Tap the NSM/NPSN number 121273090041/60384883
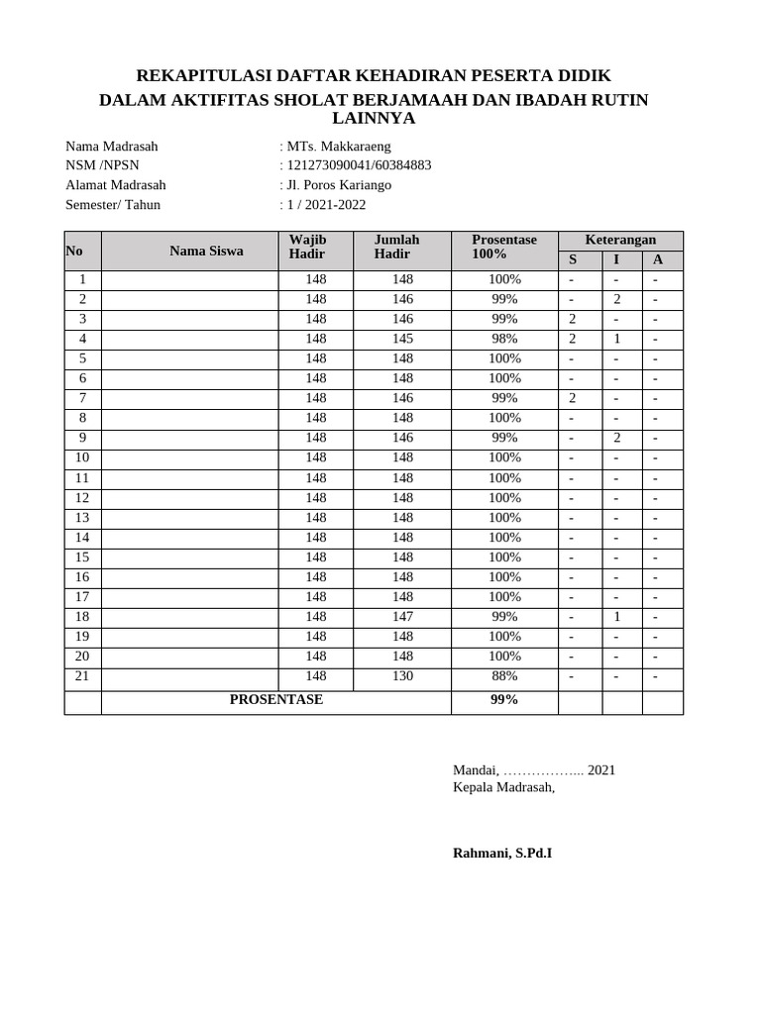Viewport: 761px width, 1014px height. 358,165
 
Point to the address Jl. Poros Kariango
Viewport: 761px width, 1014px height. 338,185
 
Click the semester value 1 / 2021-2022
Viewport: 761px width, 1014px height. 325,205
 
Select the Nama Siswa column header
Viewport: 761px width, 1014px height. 206,251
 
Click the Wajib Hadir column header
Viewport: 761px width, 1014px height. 307,248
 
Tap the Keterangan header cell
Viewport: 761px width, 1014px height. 620,241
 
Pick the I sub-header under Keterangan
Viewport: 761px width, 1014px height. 616,260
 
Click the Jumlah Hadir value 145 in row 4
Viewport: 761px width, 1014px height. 402,339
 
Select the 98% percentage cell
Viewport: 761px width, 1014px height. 504,339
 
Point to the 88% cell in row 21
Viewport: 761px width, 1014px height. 504,675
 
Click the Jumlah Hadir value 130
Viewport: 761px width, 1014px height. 402,675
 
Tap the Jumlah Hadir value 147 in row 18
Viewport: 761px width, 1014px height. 402,616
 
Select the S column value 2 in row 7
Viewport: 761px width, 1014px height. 573,398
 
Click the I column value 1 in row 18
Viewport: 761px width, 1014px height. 616,616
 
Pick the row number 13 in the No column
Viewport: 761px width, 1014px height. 82,517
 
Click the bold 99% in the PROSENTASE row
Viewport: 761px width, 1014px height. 504,700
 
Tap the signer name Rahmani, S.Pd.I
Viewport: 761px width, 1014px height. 502,853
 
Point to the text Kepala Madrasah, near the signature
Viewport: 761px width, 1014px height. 503,787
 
